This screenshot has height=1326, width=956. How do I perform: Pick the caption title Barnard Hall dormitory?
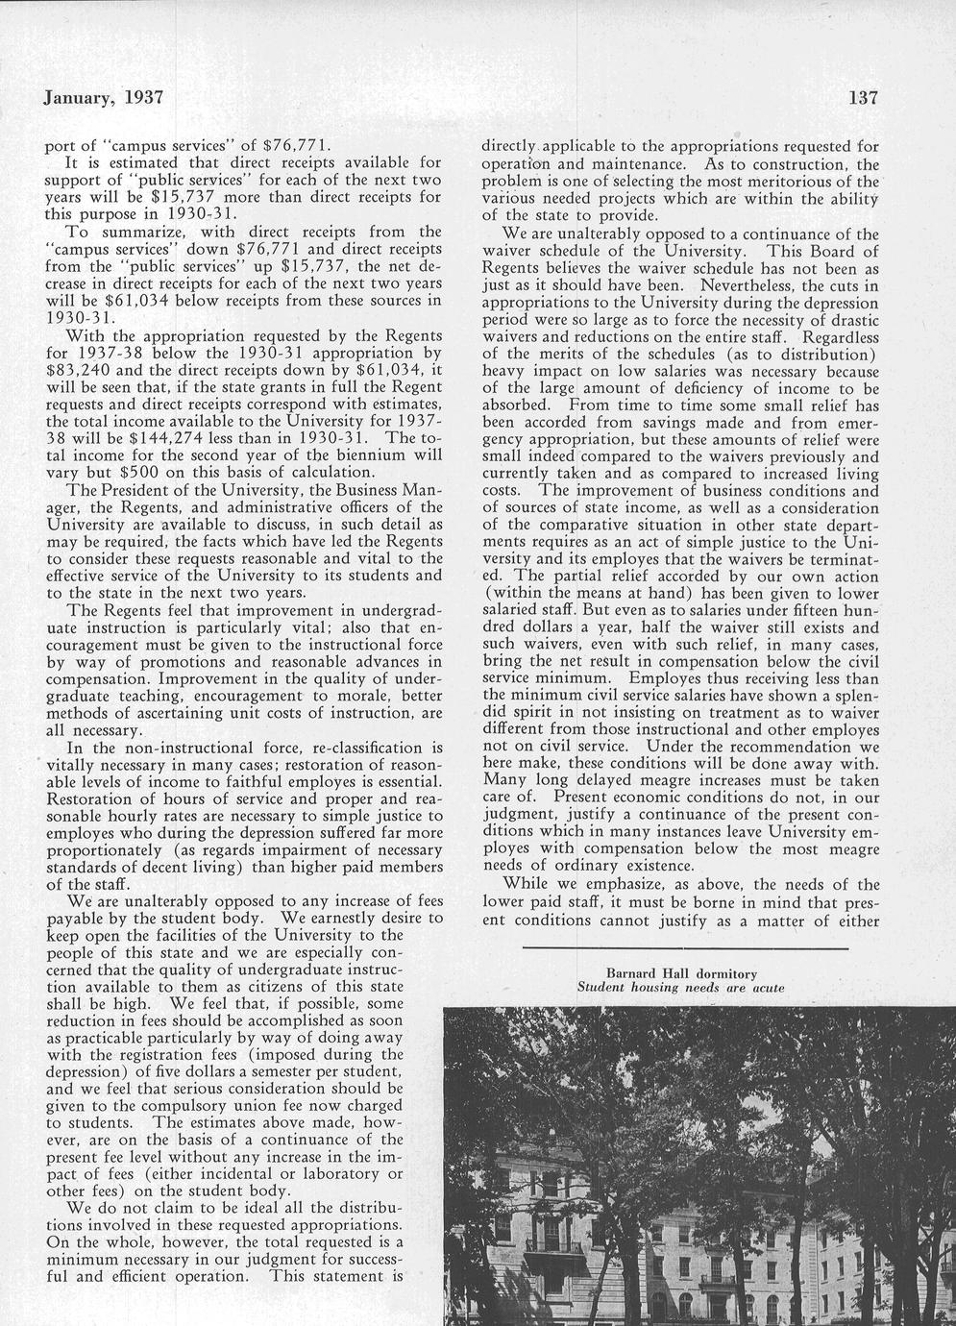click(x=681, y=973)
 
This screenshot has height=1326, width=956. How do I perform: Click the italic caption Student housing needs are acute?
click(x=680, y=988)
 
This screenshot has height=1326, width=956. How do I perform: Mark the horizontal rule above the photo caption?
click(x=685, y=949)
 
